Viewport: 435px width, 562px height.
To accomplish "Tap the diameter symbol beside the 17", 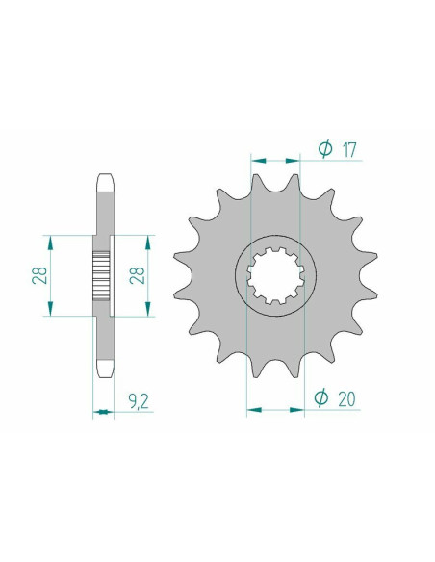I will (324, 148).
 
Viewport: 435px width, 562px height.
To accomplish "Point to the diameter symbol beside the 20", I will (324, 396).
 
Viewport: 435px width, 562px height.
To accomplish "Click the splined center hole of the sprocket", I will (276, 275).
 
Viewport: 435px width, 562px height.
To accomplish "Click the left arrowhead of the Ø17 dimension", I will (253, 160).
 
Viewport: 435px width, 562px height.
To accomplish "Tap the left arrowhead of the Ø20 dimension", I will (250, 409).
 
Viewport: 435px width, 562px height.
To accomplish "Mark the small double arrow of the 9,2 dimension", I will (99, 413).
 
